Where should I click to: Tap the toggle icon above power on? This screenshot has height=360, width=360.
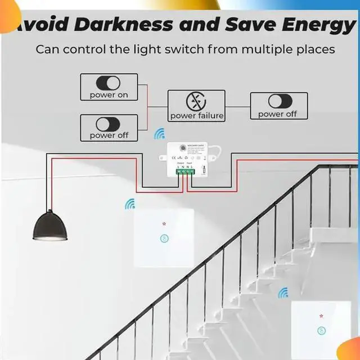109,83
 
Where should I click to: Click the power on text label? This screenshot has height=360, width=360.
109,95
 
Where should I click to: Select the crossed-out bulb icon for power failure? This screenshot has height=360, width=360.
196,101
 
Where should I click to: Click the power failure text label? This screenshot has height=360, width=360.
196,116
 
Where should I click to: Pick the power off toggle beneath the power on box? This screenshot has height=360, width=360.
109,124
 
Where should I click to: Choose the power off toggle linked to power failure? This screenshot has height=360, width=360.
278,101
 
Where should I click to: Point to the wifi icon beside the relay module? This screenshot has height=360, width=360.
160,134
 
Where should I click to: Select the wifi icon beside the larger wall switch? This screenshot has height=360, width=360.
130,204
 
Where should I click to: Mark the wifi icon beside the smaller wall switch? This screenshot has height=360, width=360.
283,292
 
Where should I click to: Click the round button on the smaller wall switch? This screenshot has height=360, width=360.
321,331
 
